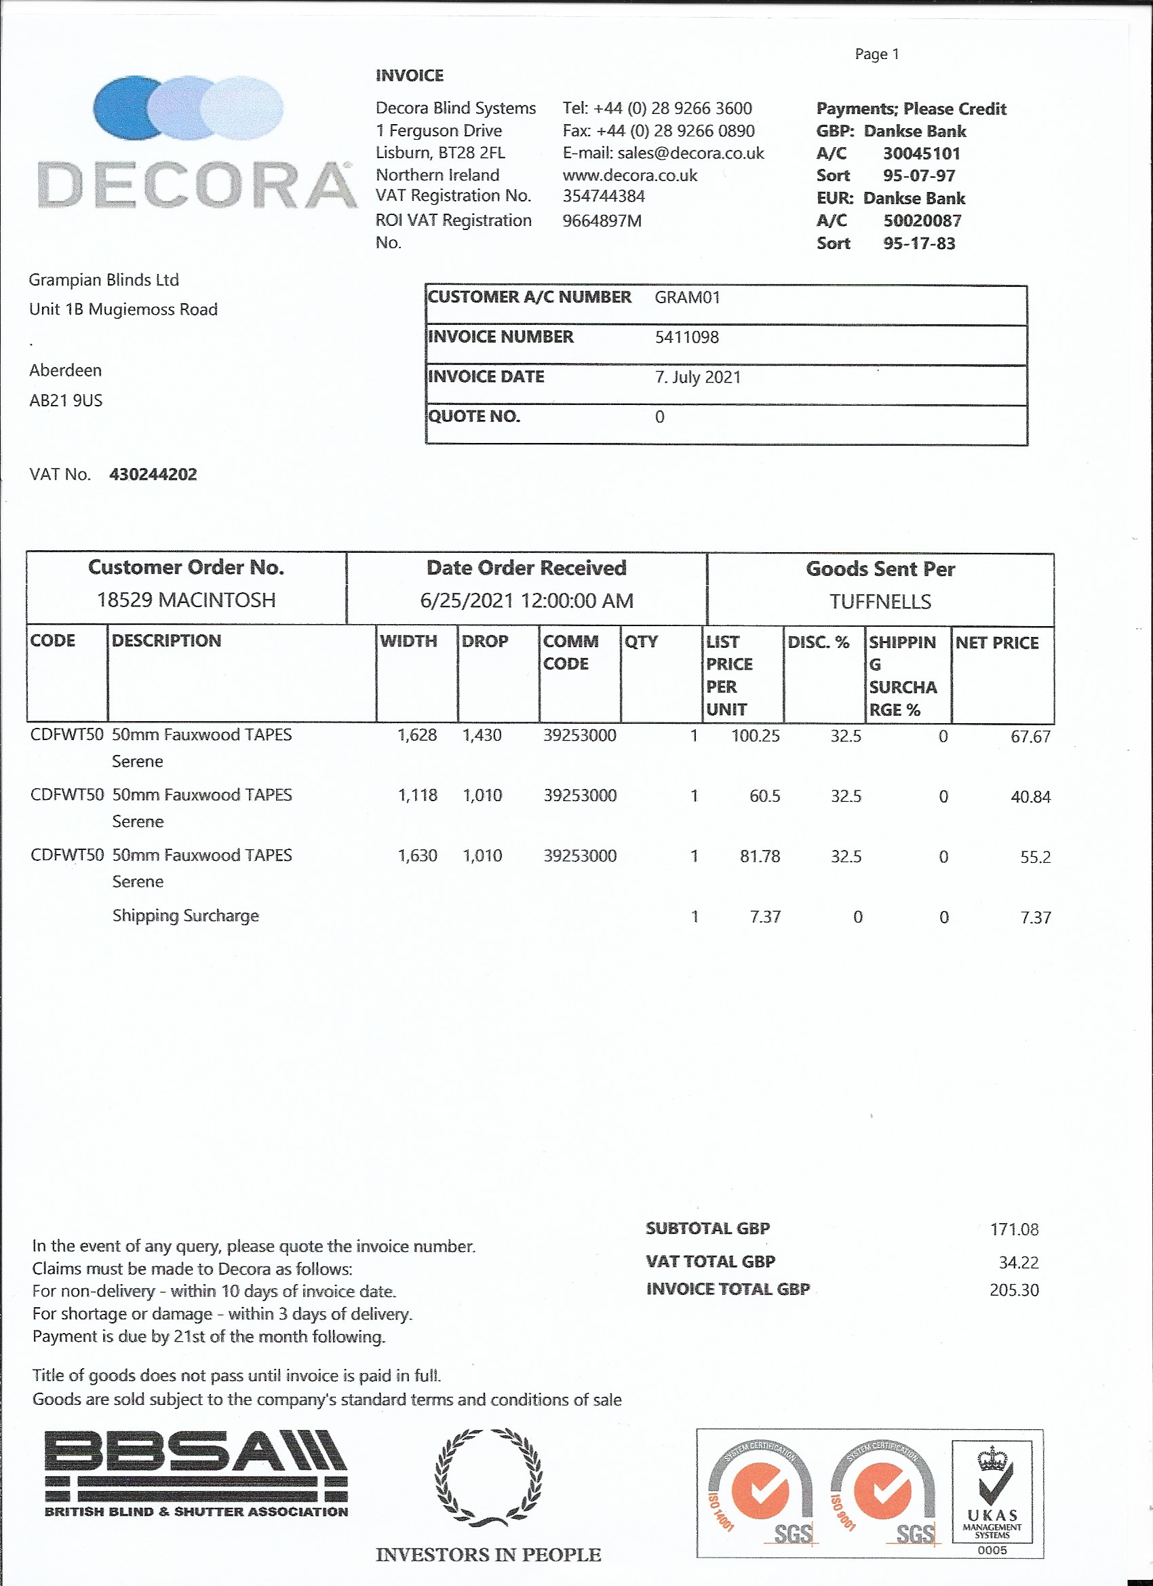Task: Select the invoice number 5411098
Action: (686, 337)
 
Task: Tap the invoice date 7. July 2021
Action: (698, 377)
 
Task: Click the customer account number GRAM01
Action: (686, 297)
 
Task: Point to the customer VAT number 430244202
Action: (153, 474)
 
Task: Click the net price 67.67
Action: (1030, 737)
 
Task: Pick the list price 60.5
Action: (764, 796)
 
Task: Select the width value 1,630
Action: (417, 856)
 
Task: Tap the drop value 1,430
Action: (482, 735)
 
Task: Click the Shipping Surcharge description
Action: (185, 916)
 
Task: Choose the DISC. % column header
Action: (818, 642)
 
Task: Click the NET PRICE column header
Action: (997, 642)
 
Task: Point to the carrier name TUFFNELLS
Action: (880, 602)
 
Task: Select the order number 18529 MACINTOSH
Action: (186, 600)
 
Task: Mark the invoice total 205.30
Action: (1014, 1290)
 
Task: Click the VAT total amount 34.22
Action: (1018, 1262)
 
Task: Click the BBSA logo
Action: (196, 1473)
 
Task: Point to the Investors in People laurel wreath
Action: (488, 1477)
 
